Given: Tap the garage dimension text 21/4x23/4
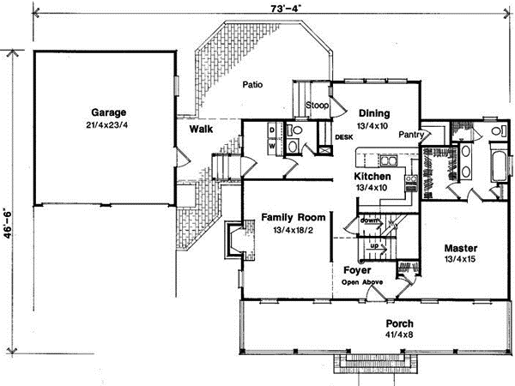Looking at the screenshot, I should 107,125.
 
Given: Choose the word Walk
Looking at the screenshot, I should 203,130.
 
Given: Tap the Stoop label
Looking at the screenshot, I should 318,105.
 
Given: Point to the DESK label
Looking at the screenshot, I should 344,136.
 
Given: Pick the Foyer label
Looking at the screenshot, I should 356,268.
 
